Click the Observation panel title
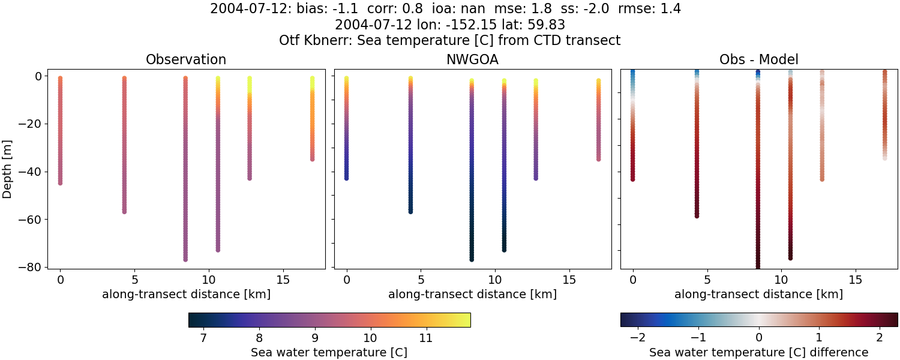click(x=186, y=60)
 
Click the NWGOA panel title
click(x=472, y=60)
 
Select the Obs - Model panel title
click(x=758, y=60)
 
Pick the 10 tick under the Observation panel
click(x=208, y=280)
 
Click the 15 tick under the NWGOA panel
click(x=569, y=280)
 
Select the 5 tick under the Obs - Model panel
click(x=707, y=280)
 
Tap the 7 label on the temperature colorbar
click(x=203, y=338)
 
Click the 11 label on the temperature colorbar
click(x=425, y=338)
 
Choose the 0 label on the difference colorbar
click(x=759, y=338)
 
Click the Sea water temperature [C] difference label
click(x=758, y=353)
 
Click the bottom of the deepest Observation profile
click(x=185, y=259)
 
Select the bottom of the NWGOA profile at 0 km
click(x=346, y=178)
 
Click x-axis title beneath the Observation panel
click(x=186, y=295)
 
